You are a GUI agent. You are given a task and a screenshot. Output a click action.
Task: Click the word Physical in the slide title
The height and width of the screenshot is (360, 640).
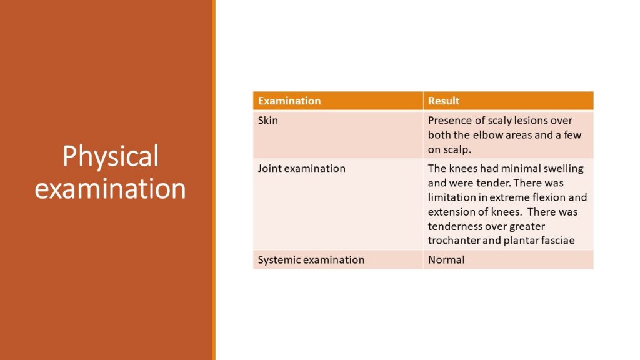coord(111,156)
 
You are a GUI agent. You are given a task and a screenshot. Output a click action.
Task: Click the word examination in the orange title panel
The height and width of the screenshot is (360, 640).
coord(111,188)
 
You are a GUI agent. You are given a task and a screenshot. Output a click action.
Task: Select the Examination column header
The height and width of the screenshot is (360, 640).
coord(289,101)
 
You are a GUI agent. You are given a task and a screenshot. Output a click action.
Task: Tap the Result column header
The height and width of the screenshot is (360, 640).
coord(444,101)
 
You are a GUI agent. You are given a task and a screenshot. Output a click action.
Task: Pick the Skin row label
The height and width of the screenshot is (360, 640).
coord(268,120)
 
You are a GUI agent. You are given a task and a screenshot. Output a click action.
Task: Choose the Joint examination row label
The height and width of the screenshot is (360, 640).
coord(301,168)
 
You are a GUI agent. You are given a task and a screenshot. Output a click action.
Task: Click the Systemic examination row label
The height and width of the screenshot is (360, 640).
coord(311,259)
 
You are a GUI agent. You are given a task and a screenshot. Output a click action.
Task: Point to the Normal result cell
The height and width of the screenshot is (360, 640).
coord(446,259)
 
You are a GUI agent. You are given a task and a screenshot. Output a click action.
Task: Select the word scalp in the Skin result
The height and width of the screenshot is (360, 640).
coord(457,149)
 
